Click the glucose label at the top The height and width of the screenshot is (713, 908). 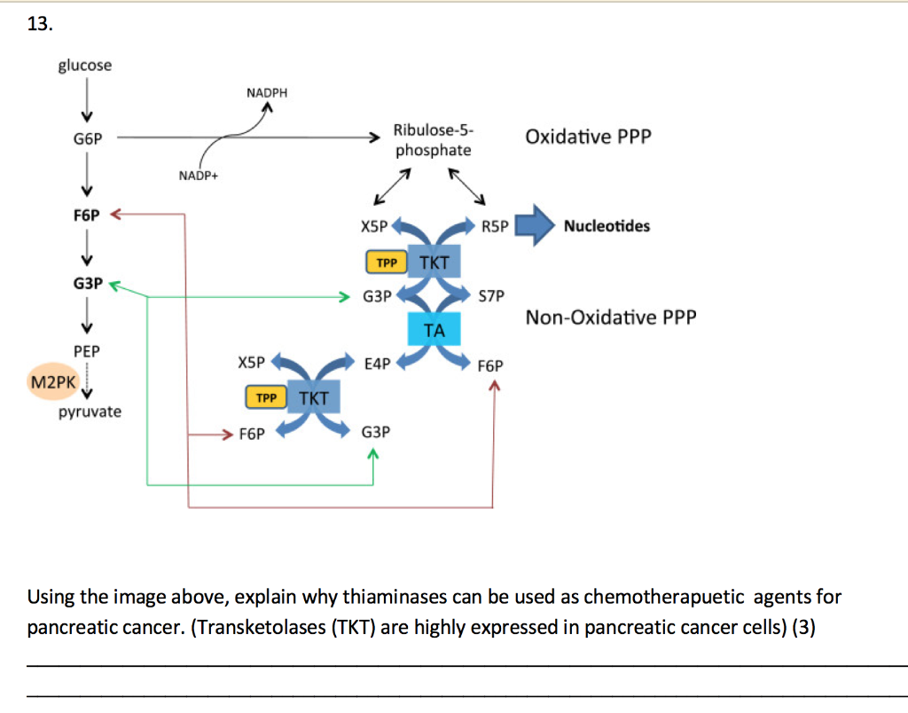point(85,66)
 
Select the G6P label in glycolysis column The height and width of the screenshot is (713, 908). point(87,139)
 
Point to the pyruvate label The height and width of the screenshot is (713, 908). point(90,412)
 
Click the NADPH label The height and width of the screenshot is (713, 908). point(267,93)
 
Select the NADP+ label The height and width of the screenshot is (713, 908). point(198,176)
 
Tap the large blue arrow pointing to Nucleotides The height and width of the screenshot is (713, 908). point(534,225)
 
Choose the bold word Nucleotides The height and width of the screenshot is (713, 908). point(607,226)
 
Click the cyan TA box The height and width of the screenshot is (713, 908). point(434,330)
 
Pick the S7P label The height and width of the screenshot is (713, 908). point(491,295)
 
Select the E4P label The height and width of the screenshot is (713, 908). point(378,363)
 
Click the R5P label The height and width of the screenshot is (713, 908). point(496,226)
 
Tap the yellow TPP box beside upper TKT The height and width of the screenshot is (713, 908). point(386,262)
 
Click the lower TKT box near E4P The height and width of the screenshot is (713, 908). point(313,398)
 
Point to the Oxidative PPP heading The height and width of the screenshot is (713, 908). point(588,137)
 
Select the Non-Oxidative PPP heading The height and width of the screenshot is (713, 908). point(611,317)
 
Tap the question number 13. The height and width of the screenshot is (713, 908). point(39,24)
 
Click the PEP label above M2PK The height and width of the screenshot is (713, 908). point(87,351)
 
